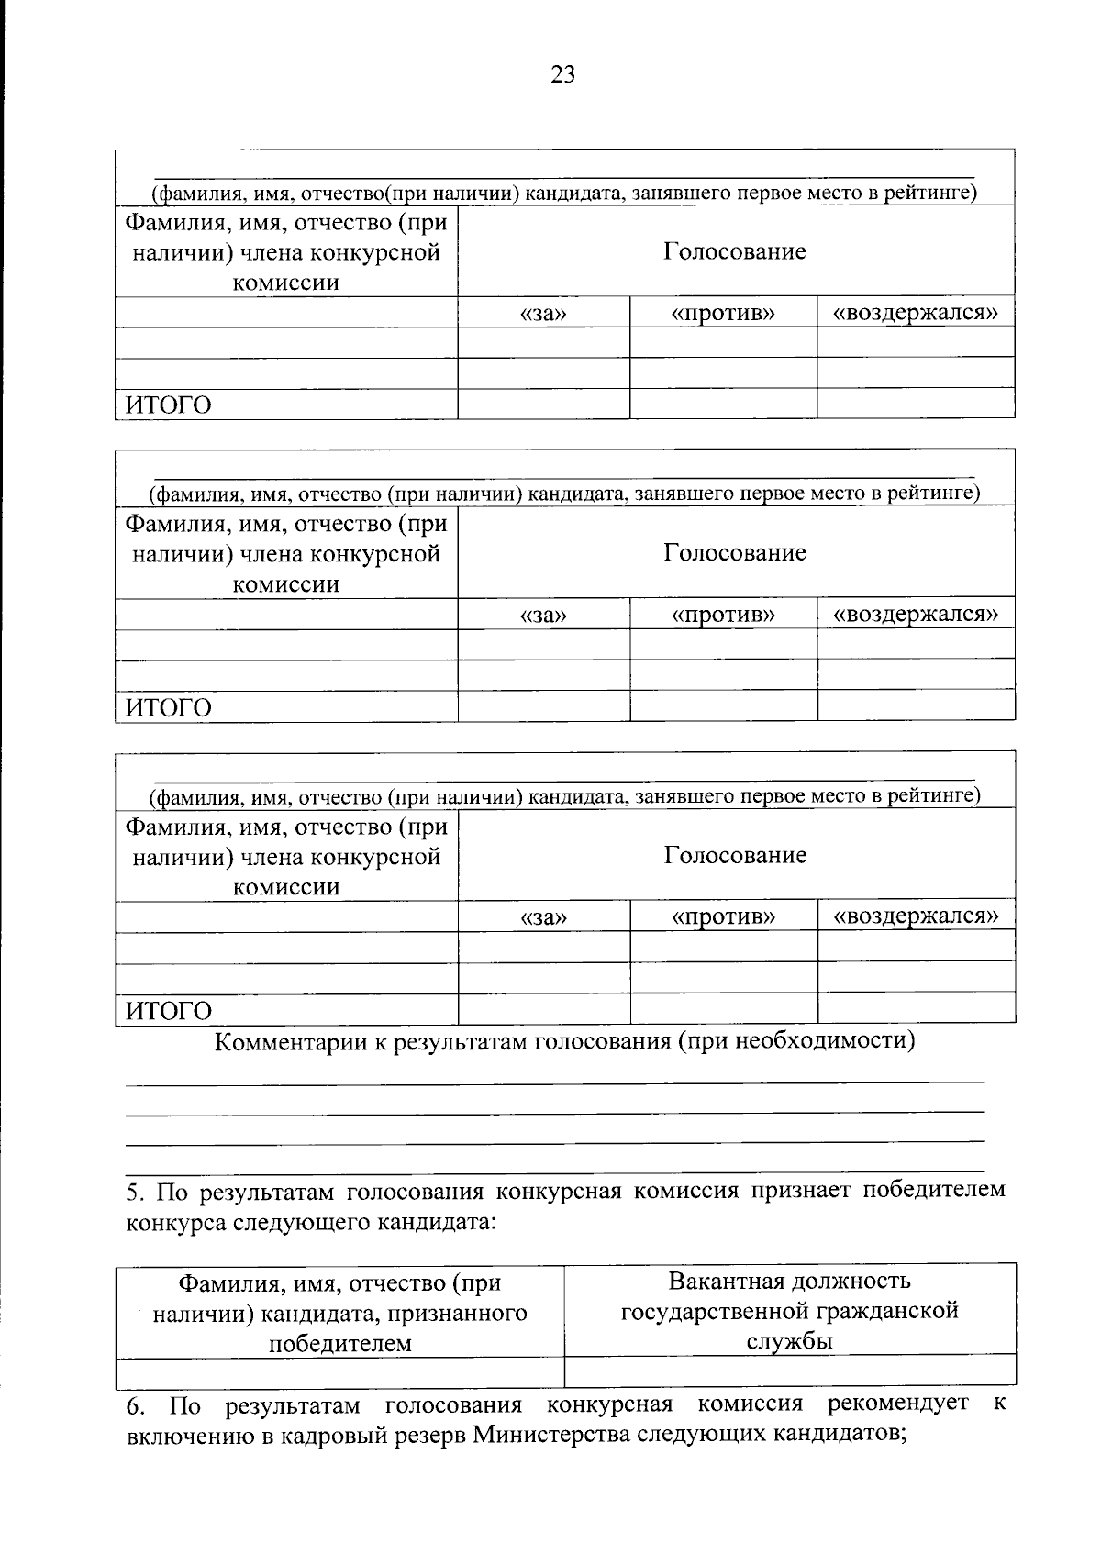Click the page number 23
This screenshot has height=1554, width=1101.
(562, 75)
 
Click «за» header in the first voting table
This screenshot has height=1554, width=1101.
(543, 314)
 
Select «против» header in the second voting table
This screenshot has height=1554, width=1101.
(723, 616)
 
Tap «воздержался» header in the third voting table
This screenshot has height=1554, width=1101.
(916, 916)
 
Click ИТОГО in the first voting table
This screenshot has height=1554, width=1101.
(168, 405)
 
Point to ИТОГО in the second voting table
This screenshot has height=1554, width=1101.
(168, 708)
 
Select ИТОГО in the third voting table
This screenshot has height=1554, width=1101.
(168, 1011)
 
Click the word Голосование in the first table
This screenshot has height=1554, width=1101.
(735, 251)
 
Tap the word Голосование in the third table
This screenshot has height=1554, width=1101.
(735, 856)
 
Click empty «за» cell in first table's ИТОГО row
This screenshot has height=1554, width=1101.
(543, 404)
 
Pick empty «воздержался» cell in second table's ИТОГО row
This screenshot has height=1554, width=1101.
(916, 705)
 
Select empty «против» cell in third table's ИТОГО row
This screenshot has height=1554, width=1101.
(723, 1008)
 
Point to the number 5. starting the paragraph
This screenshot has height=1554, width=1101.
(135, 1192)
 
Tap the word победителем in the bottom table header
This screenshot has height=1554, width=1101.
(339, 1344)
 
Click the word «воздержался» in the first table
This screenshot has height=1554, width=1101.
(916, 313)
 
